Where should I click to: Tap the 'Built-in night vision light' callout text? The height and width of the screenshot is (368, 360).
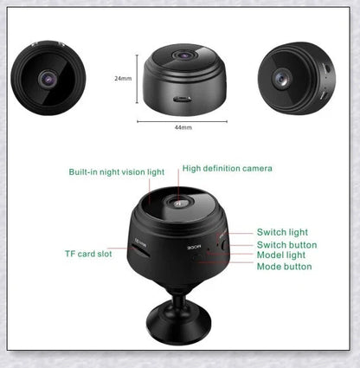click(x=116, y=172)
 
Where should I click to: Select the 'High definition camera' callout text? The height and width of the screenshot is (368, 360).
click(x=227, y=168)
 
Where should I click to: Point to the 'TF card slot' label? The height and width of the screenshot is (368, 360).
click(x=88, y=254)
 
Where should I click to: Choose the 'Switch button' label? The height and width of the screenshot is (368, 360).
click(x=286, y=245)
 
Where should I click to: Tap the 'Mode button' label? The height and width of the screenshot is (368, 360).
click(x=284, y=267)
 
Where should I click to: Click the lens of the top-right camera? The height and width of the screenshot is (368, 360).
click(x=282, y=80)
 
